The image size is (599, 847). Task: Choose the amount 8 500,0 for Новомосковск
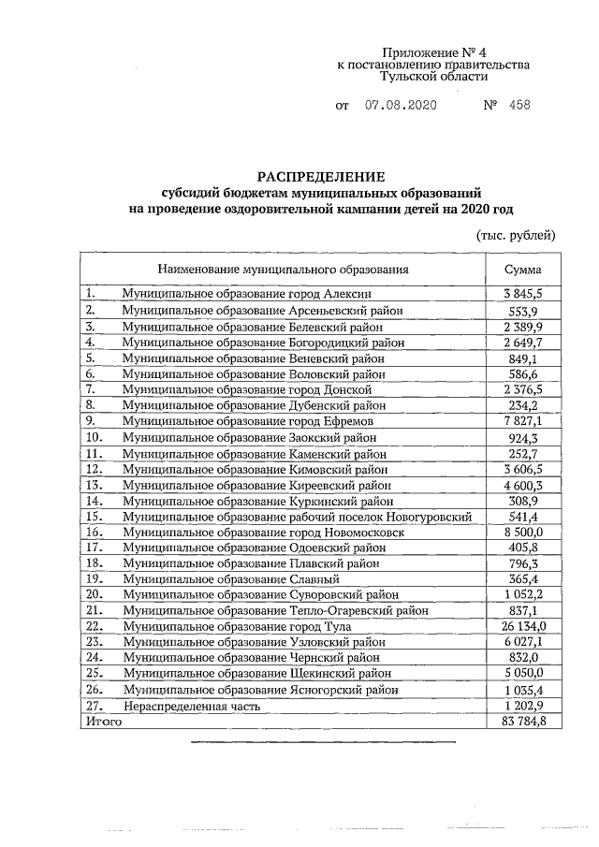[x=523, y=531]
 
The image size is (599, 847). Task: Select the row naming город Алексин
[x=239, y=294]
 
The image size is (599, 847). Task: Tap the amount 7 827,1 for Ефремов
[x=523, y=421]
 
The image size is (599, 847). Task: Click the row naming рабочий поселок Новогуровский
[x=296, y=516]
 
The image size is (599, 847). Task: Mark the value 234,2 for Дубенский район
[x=523, y=405]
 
